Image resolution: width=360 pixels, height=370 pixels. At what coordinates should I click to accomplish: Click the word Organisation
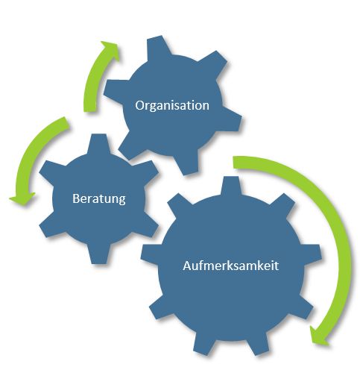tap(172, 106)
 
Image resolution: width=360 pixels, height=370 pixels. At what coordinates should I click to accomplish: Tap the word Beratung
tap(99, 198)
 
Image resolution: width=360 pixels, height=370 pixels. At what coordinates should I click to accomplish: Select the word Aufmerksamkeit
tap(231, 266)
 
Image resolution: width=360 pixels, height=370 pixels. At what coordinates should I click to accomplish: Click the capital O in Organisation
tap(140, 105)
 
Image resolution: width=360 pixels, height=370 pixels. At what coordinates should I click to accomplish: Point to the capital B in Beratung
tap(76, 198)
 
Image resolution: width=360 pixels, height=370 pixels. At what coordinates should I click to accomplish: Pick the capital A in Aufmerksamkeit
tap(187, 266)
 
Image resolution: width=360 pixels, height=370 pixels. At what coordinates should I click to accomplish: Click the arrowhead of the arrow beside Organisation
tap(111, 51)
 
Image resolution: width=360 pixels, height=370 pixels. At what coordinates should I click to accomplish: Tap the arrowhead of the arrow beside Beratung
tap(23, 198)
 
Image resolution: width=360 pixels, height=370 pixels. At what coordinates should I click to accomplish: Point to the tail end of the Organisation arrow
tap(90, 109)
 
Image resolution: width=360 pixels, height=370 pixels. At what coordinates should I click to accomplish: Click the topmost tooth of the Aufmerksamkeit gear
tap(231, 185)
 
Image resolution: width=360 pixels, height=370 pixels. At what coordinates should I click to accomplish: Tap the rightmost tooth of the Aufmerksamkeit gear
tap(312, 255)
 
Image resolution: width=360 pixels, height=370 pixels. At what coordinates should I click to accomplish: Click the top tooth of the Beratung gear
tap(99, 144)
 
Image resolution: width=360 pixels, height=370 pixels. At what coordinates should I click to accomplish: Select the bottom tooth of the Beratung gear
tap(99, 254)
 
